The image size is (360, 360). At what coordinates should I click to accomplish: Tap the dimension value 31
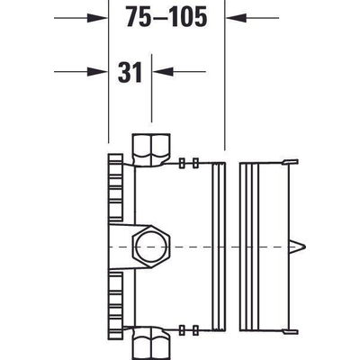(x=131, y=71)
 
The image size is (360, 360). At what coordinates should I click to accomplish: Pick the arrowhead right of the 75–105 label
(x=231, y=15)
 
